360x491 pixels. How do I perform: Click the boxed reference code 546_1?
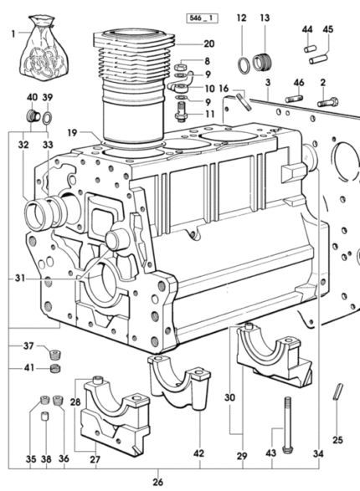(202, 18)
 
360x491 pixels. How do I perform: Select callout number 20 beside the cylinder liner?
(209, 43)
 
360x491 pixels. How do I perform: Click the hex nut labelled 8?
(179, 67)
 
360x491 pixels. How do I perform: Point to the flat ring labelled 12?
(244, 64)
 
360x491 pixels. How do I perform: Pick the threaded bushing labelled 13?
(262, 63)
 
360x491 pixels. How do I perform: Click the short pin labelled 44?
(310, 49)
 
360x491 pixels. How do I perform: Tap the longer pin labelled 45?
(318, 59)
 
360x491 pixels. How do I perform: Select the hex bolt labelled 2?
(327, 102)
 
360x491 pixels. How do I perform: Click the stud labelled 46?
(295, 99)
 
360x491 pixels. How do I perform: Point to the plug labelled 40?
(33, 116)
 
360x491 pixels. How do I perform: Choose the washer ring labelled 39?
(48, 118)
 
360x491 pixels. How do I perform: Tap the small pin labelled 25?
(337, 391)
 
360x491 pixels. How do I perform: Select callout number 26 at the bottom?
(158, 482)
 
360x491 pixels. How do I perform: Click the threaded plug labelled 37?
(55, 355)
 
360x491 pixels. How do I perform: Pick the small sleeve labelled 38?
(46, 417)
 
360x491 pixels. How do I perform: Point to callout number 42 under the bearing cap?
(199, 453)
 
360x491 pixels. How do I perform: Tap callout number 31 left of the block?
(20, 278)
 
